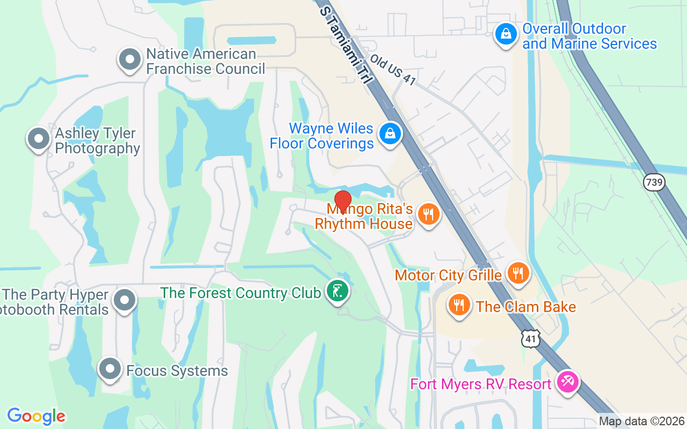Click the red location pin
click(x=342, y=201)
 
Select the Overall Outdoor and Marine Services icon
click(x=505, y=34)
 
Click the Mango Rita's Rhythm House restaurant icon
click(x=428, y=214)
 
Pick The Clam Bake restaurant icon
click(x=459, y=305)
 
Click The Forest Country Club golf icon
click(x=338, y=292)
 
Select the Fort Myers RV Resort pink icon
click(x=566, y=382)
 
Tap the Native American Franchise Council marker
click(x=129, y=60)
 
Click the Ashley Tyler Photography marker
click(x=39, y=139)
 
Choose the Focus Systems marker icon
click(x=111, y=369)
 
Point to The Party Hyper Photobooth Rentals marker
click(x=125, y=300)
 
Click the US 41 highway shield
click(x=531, y=339)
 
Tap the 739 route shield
click(x=654, y=182)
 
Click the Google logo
click(x=36, y=416)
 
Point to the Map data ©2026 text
click(x=641, y=421)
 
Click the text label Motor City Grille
click(x=448, y=276)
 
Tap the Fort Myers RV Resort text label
click(x=480, y=384)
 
